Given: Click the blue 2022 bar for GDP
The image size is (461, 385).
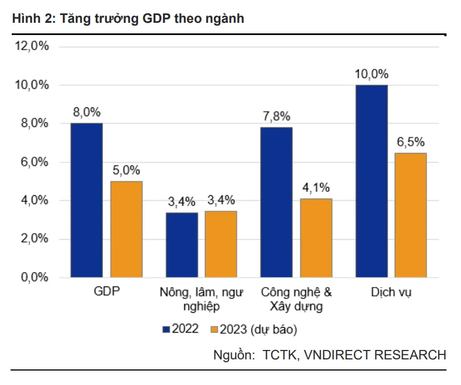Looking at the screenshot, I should tap(86, 200).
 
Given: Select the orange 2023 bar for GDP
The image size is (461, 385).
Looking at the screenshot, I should tap(126, 229).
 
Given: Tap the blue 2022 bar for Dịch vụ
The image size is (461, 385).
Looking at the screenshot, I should tap(371, 181).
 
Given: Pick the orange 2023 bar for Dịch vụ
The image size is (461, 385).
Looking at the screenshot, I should tap(410, 215).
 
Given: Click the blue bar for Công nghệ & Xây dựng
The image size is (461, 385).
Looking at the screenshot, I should tap(276, 203).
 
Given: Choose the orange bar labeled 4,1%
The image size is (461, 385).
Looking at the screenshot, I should tap(316, 238).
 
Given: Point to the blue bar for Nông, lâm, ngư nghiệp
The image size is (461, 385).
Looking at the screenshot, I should tap(182, 245).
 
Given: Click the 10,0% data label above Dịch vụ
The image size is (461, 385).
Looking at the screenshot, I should tap(371, 75).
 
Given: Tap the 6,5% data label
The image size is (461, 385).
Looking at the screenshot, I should tap(410, 142).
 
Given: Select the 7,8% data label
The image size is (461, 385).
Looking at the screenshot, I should tap(276, 117).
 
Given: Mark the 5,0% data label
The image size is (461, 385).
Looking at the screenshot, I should tap(126, 171).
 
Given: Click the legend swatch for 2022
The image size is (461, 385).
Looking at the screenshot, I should tap(166, 329).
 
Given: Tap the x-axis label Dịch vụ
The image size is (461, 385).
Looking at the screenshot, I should tap(391, 292).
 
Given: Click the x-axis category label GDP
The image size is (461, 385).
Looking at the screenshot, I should tap(106, 292).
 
